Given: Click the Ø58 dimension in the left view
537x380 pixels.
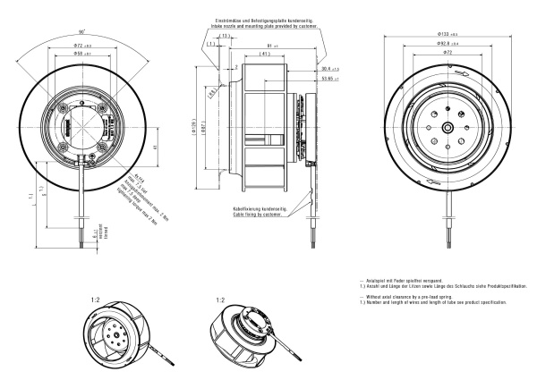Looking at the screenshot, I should click(x=82, y=55).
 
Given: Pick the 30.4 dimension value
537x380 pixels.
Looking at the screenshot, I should click(x=328, y=67).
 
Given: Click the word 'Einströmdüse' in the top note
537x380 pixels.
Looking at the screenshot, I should click(x=226, y=18).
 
